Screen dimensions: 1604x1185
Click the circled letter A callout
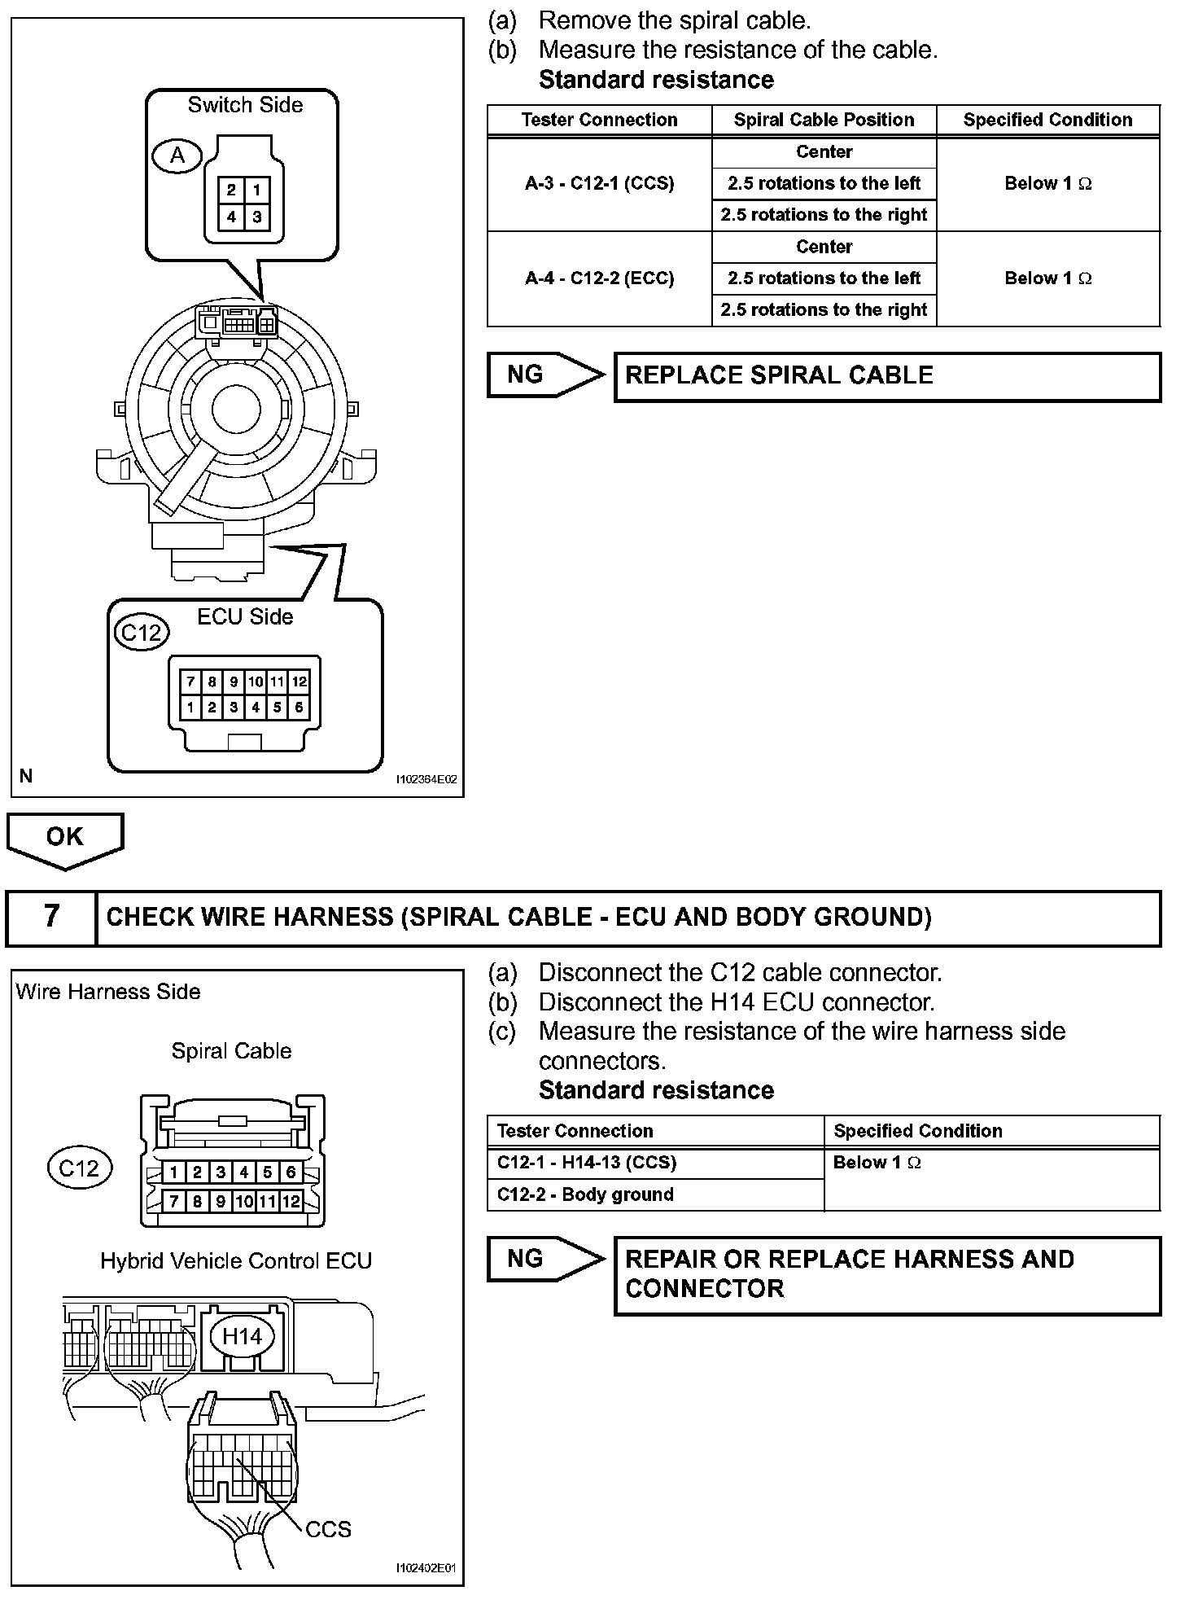(177, 155)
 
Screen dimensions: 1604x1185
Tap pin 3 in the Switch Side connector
(257, 217)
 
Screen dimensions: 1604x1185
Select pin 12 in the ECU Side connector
(299, 681)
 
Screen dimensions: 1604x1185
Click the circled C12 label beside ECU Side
(142, 632)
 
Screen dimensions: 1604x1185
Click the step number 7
(51, 917)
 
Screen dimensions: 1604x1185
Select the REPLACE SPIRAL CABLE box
(886, 376)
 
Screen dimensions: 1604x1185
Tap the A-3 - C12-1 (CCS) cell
(599, 184)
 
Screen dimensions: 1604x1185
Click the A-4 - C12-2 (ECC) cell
(599, 278)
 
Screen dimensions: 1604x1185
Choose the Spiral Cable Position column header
(824, 121)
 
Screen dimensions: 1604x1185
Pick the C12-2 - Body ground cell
(655, 1194)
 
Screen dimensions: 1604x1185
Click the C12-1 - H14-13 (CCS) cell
(655, 1163)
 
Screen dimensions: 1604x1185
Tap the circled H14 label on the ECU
(242, 1336)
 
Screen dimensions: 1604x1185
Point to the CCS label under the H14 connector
(329, 1530)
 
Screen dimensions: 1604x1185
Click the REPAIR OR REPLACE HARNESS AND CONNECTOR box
(886, 1274)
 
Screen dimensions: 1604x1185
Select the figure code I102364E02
(426, 779)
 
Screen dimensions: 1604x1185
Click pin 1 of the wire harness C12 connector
(173, 1172)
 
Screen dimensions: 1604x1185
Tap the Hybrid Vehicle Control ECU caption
(236, 1261)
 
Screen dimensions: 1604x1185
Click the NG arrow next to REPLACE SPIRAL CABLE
(544, 375)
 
